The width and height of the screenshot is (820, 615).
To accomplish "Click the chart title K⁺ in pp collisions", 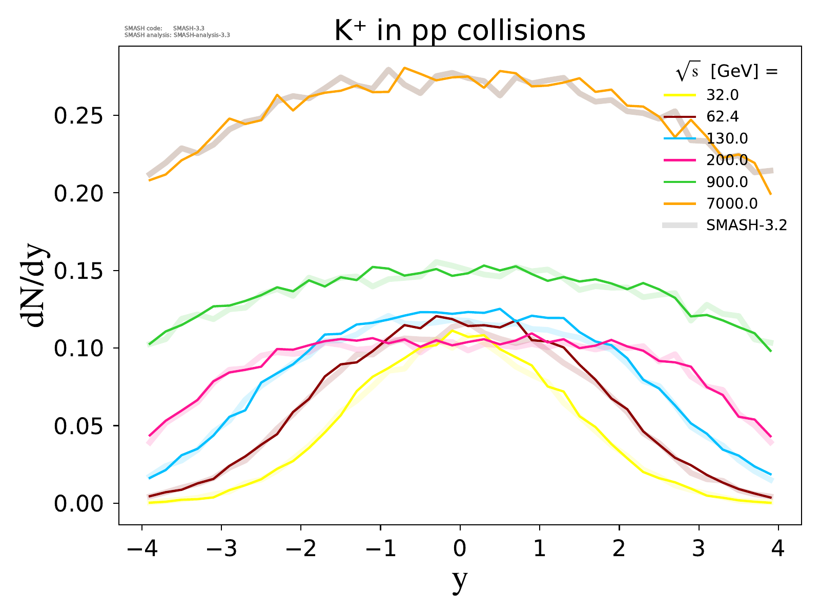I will [x=460, y=31].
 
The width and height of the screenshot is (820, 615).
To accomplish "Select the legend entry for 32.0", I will [x=723, y=95].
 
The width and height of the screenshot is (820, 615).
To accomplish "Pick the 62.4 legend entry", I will [x=723, y=117].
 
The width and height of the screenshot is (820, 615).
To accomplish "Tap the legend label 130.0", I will [x=727, y=138].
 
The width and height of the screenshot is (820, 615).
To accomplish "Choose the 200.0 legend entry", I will [x=727, y=160].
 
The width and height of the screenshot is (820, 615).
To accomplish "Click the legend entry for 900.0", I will [x=727, y=182].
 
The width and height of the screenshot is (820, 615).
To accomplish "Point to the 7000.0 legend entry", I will [x=731, y=203].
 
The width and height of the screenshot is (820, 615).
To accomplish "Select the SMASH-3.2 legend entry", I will [x=746, y=225].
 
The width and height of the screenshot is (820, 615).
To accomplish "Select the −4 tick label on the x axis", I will [x=141, y=549].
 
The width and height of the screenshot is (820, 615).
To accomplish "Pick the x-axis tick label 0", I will [x=460, y=549].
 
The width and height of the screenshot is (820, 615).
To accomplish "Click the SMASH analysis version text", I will [x=177, y=36].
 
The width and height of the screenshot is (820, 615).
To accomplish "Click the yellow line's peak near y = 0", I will [x=452, y=331].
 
